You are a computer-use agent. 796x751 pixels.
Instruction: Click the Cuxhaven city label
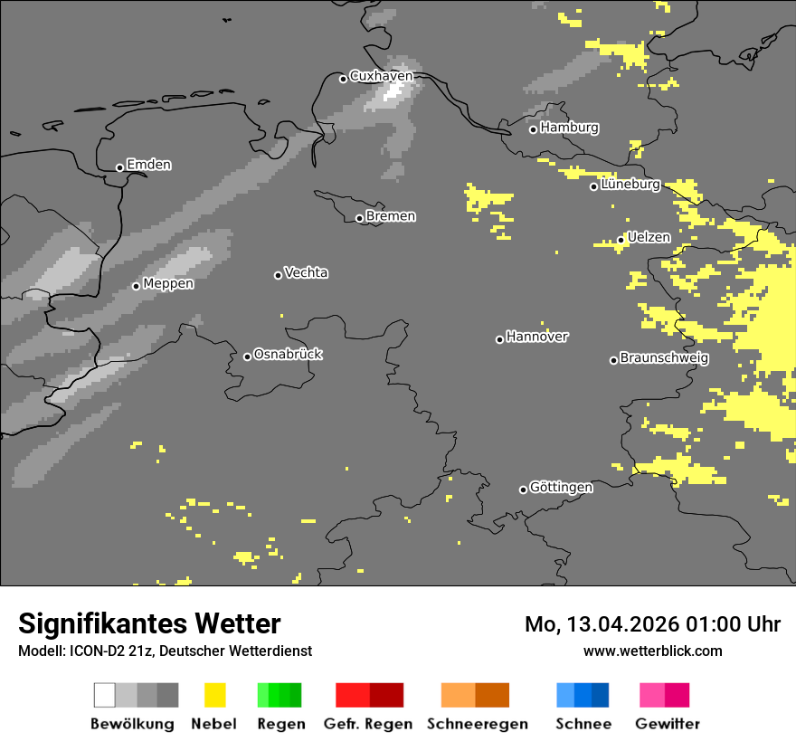[x=381, y=76]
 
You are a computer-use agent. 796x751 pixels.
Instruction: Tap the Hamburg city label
[x=569, y=128]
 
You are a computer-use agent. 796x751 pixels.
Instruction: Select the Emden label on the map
[x=148, y=165]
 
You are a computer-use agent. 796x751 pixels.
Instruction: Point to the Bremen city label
[x=391, y=216]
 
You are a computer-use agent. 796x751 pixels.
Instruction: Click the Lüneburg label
[x=630, y=185]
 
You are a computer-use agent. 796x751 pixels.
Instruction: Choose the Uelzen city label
[x=649, y=238]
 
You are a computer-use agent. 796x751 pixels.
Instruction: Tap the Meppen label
[x=168, y=284]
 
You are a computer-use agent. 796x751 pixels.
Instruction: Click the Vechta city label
[x=306, y=273]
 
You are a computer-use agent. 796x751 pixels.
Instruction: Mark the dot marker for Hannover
[x=499, y=339]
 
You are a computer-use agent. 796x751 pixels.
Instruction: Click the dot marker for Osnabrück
[x=247, y=356]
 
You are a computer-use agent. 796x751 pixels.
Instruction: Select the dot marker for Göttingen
[x=523, y=490]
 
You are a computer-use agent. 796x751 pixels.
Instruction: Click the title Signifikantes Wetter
[x=149, y=624]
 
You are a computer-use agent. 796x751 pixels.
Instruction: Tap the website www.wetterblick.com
[x=652, y=651]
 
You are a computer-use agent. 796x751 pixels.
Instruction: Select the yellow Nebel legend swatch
[x=214, y=695]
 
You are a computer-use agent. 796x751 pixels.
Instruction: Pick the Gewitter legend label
[x=667, y=724]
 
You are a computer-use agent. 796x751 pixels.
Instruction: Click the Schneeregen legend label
[x=477, y=724]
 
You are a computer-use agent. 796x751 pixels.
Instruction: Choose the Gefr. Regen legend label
[x=368, y=724]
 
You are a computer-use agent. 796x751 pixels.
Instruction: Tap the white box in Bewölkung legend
[x=105, y=695]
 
